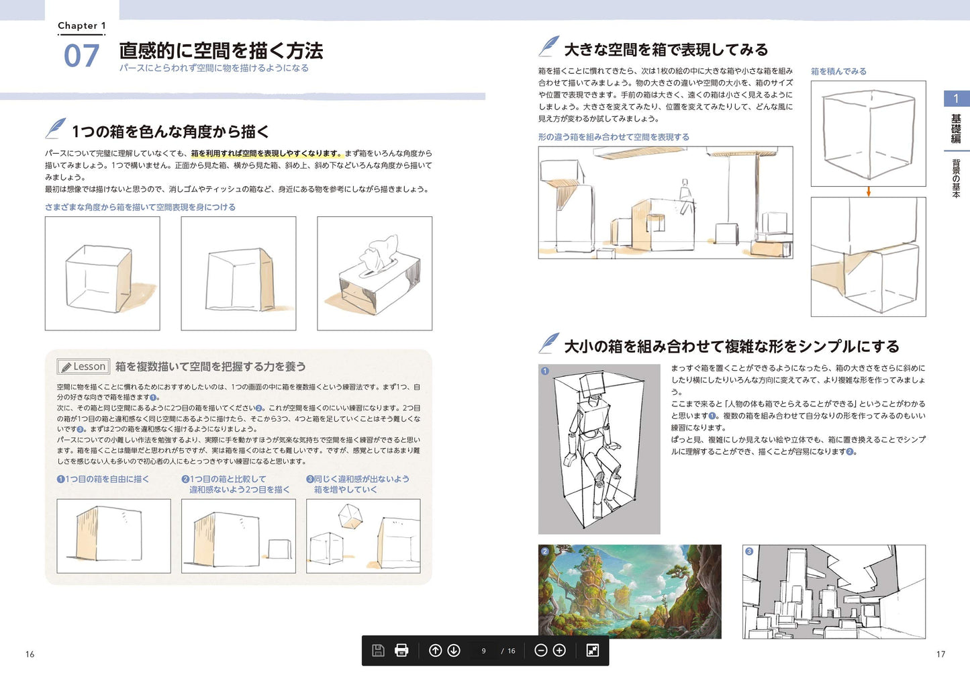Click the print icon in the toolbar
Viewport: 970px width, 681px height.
(401, 650)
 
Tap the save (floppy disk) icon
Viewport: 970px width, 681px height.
(378, 650)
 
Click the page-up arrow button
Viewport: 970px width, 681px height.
(435, 650)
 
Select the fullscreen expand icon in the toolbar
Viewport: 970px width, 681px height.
(592, 650)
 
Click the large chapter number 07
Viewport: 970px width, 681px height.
(81, 56)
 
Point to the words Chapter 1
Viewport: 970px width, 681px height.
(82, 26)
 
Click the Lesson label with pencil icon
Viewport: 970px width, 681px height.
(83, 367)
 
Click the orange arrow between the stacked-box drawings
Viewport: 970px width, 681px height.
(868, 191)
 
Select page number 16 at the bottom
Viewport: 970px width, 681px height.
(30, 654)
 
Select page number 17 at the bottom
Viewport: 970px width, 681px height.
(940, 654)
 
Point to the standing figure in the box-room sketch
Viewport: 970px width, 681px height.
(685, 197)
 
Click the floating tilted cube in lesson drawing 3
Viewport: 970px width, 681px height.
(350, 516)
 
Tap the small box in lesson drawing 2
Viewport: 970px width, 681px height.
(279, 549)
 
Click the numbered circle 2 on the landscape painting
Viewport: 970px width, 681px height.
(545, 551)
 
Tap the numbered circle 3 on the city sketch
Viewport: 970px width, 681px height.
(748, 551)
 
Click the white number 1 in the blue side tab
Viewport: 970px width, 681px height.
(956, 99)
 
